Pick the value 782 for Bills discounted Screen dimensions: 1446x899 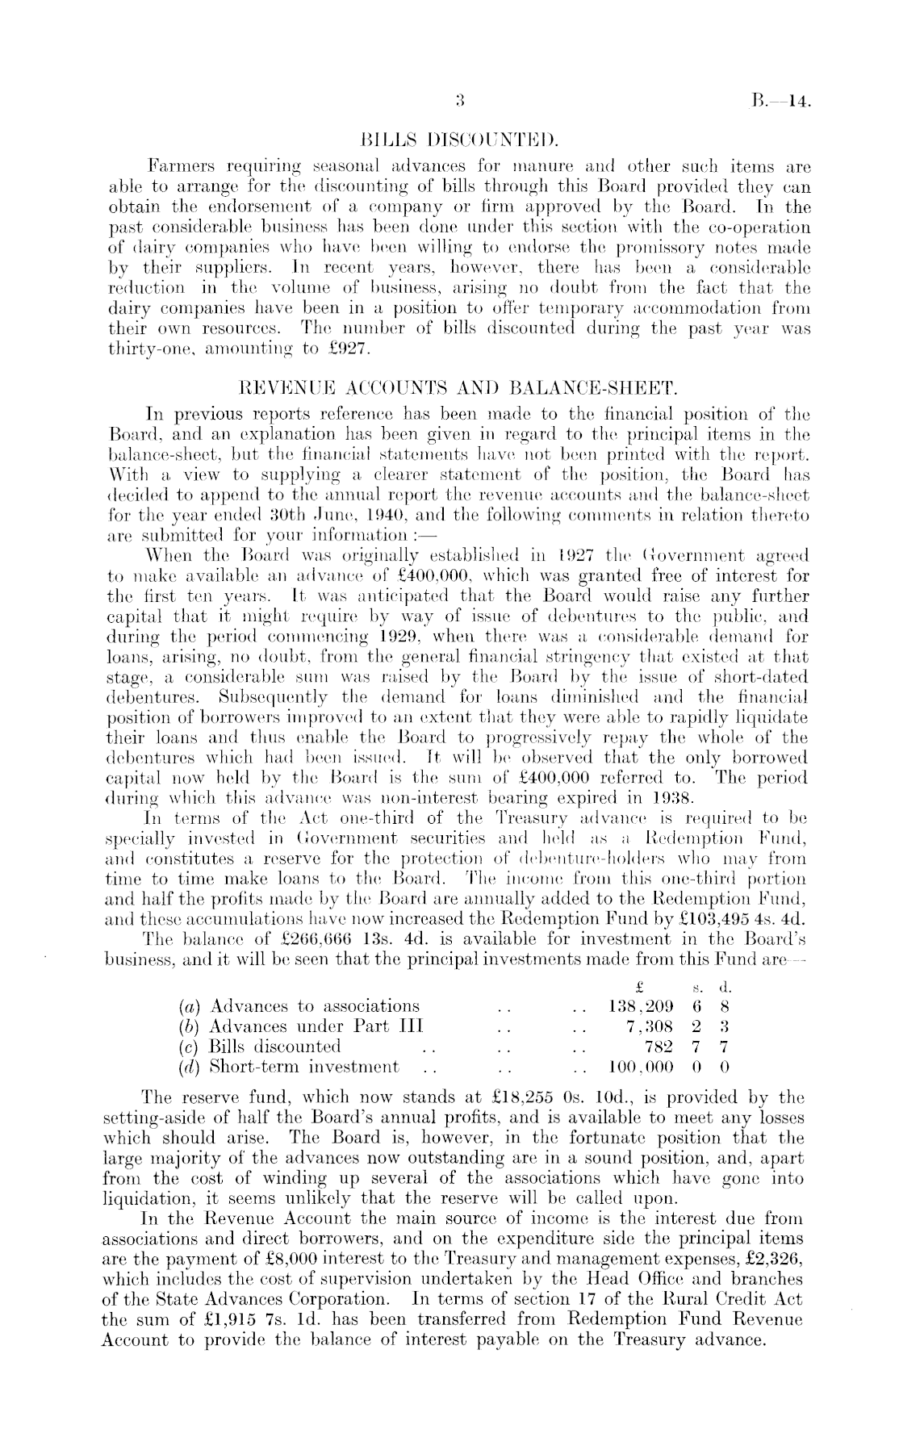[x=659, y=1047]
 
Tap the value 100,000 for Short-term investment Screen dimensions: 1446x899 [x=640, y=1067]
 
